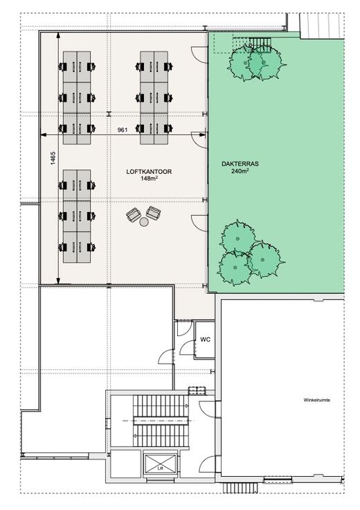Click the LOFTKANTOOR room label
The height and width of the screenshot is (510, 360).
point(149,172)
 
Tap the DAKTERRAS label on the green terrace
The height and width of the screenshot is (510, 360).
point(240,164)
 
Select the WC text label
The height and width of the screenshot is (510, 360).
point(205,340)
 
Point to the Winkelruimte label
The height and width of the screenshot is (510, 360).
point(317,400)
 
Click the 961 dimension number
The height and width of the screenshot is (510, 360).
point(122,130)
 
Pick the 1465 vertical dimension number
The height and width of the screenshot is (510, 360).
point(53,158)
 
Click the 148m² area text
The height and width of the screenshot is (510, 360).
point(149,178)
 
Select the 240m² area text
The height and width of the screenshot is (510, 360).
point(240,170)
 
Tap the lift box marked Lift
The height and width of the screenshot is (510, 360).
point(160,464)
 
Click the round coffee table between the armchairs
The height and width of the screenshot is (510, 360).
point(144,222)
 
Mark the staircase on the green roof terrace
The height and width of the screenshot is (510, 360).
point(260,42)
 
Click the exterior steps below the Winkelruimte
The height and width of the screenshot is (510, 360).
point(240,488)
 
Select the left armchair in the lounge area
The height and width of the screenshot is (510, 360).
point(133,215)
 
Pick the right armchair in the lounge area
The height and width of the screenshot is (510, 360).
point(154,213)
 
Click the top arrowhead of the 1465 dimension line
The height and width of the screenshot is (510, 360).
point(58,36)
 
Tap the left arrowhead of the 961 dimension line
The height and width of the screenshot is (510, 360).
point(43,135)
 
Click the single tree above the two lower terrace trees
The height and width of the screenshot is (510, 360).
point(238,238)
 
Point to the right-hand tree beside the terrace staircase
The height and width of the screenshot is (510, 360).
point(264,62)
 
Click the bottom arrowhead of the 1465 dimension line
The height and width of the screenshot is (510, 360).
point(58,281)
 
